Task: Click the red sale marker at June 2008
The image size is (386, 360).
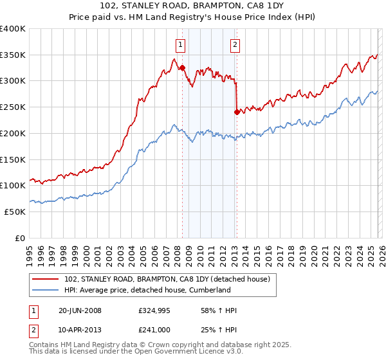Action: [182, 67]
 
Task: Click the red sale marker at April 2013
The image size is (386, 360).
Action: [237, 112]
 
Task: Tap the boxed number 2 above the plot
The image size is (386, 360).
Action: [235, 44]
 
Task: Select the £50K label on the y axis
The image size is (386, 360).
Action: [14, 212]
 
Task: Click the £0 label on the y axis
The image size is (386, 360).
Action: [20, 238]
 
